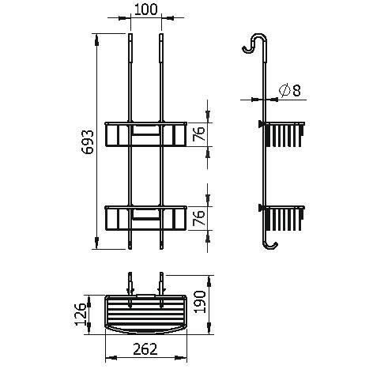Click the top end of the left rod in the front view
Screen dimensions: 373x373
click(x=129, y=37)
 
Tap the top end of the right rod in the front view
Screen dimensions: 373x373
click(x=160, y=37)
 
